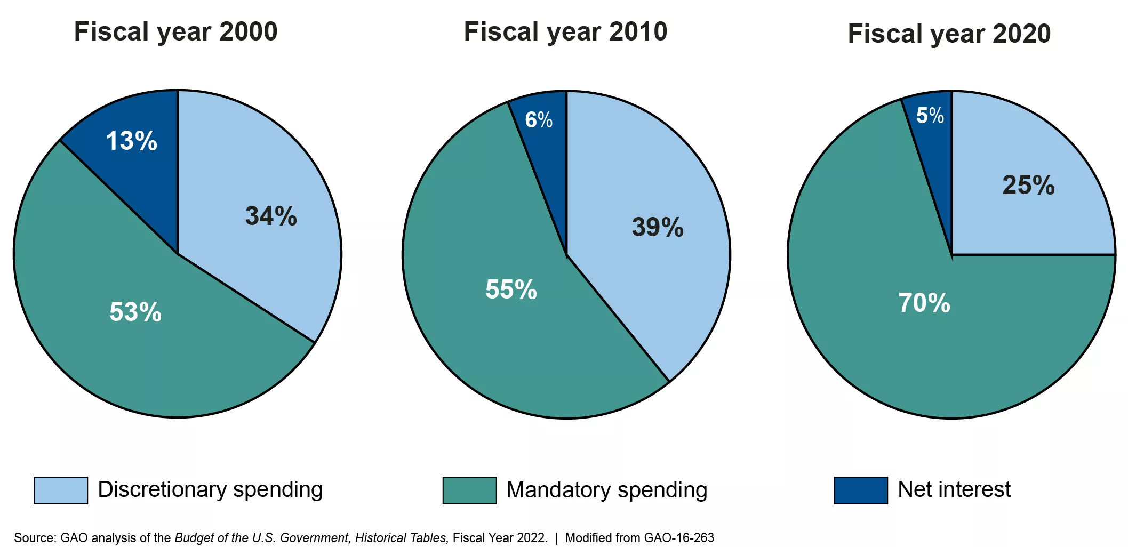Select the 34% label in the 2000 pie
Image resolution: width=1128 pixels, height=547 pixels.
pyautogui.click(x=271, y=216)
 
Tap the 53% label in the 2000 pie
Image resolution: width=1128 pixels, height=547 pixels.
pyautogui.click(x=135, y=312)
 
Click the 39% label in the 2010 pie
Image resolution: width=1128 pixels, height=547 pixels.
pyautogui.click(x=658, y=227)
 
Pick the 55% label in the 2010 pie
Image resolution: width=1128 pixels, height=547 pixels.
pyautogui.click(x=511, y=289)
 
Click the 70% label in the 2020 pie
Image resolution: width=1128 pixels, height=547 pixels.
pyautogui.click(x=924, y=303)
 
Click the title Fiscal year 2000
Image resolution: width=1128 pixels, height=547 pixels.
pyautogui.click(x=175, y=31)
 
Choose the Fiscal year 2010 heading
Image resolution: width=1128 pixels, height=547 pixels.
pyautogui.click(x=565, y=31)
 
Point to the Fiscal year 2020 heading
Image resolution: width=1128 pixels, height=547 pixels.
pyautogui.click(x=949, y=34)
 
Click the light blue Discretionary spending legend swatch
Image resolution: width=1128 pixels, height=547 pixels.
pyautogui.click(x=61, y=490)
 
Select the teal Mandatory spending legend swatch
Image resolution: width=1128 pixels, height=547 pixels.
pyautogui.click(x=469, y=490)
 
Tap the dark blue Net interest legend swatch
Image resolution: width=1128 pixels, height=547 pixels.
pyautogui.click(x=861, y=490)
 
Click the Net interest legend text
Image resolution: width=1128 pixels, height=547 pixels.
pyautogui.click(x=954, y=489)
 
